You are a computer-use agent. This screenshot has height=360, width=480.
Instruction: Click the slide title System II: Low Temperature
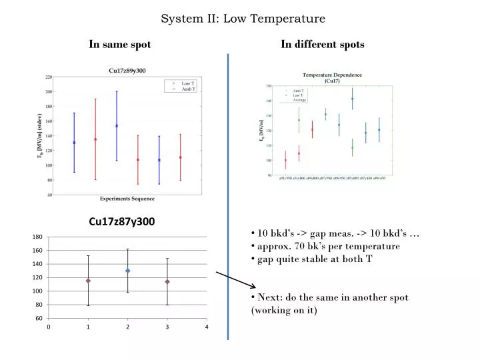(x=243, y=19)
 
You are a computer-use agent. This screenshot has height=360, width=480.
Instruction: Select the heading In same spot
(x=120, y=45)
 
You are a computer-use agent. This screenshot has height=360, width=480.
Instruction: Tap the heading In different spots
(x=322, y=45)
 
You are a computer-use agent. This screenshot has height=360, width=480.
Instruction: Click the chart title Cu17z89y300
(x=127, y=71)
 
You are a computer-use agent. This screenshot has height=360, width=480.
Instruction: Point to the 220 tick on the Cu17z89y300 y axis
(x=49, y=77)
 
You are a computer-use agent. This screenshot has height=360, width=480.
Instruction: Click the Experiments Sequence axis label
(x=127, y=199)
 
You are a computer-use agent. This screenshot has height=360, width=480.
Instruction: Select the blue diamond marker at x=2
(x=127, y=271)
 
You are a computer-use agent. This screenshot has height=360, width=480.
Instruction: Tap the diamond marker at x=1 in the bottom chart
(x=88, y=281)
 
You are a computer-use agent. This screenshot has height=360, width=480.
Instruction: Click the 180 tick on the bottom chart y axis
(x=37, y=237)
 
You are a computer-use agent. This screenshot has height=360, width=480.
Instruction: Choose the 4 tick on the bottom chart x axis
(x=207, y=327)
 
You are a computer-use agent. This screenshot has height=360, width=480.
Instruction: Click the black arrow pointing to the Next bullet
(x=231, y=279)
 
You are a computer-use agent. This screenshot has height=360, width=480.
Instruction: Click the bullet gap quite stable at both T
(x=311, y=259)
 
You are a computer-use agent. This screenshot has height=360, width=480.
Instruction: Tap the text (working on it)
(x=284, y=311)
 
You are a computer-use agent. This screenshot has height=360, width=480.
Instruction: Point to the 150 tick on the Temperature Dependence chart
(x=269, y=86)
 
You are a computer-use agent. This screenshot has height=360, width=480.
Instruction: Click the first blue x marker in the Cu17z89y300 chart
(x=74, y=142)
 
